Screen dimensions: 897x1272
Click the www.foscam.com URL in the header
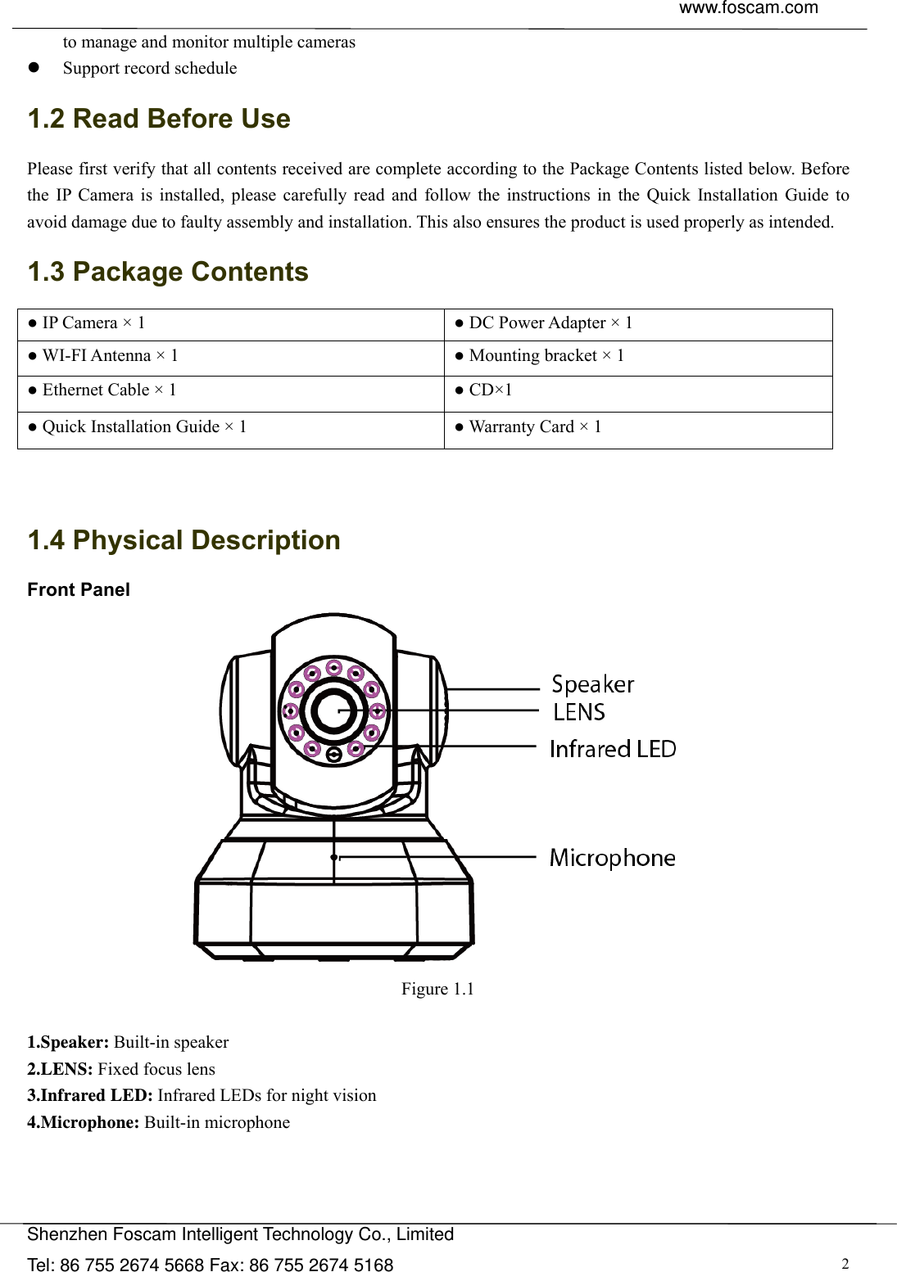point(748,9)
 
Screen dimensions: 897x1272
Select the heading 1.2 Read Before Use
point(159,120)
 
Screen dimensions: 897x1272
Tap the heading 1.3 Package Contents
point(168,272)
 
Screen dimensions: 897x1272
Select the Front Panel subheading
point(79,590)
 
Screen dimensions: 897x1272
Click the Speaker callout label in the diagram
point(592,684)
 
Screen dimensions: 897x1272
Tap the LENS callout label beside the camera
point(578,712)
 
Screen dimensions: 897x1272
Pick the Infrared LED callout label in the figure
point(613,749)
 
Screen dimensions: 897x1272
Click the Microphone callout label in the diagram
point(612,858)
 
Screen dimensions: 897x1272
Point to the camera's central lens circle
point(334,710)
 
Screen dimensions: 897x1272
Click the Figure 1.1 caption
point(437,990)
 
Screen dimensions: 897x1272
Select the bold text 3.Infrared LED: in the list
point(90,1096)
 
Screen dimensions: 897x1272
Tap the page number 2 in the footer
point(845,1263)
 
